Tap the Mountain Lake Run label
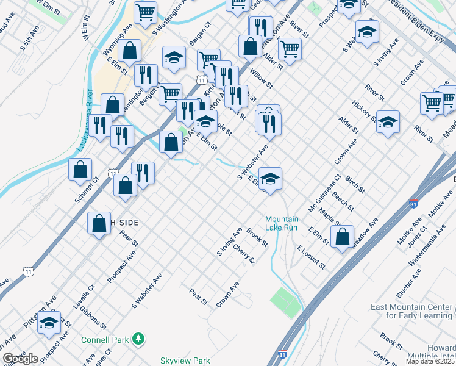pos(282,223)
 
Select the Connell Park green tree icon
pos(139,338)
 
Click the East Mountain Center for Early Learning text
pos(412,311)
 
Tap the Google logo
pos(20,359)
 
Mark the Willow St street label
pos(261,78)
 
